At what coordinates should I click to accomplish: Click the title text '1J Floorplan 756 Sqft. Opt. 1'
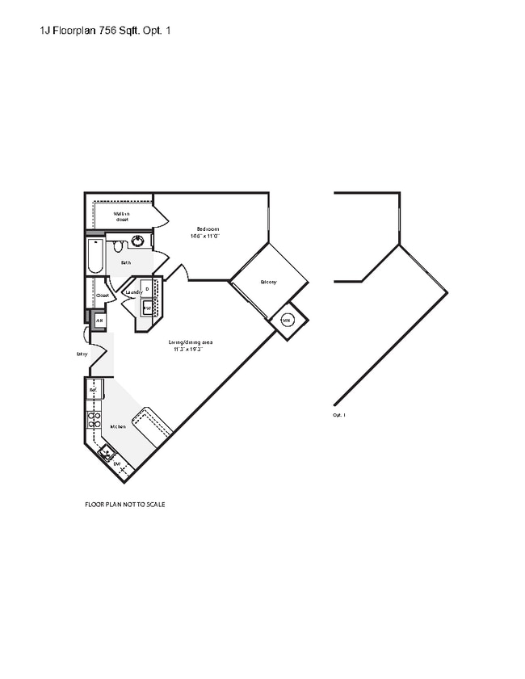pyautogui.click(x=105, y=31)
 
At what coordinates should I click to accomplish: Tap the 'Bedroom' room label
pyautogui.click(x=208, y=229)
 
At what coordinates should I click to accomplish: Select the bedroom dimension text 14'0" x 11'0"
pyautogui.click(x=204, y=237)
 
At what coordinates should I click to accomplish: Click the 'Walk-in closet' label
pyautogui.click(x=122, y=216)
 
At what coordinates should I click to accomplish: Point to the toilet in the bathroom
pyautogui.click(x=118, y=245)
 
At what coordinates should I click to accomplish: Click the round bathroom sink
pyautogui.click(x=138, y=241)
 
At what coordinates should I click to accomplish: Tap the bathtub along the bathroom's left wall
pyautogui.click(x=94, y=256)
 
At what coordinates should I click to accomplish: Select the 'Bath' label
pyautogui.click(x=126, y=262)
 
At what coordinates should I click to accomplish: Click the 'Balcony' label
pyautogui.click(x=268, y=282)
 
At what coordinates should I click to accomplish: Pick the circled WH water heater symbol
pyautogui.click(x=287, y=320)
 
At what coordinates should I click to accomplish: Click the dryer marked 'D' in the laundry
pyautogui.click(x=147, y=289)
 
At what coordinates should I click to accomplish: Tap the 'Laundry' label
pyautogui.click(x=133, y=292)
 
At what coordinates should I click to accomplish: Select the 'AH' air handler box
pyautogui.click(x=99, y=321)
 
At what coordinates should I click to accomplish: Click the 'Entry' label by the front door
pyautogui.click(x=82, y=354)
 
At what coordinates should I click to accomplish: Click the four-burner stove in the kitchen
pyautogui.click(x=94, y=419)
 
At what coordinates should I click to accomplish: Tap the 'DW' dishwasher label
pyautogui.click(x=117, y=464)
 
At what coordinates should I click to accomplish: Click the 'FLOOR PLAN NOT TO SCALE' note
pyautogui.click(x=125, y=504)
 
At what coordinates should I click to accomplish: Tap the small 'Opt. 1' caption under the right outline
pyautogui.click(x=339, y=415)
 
